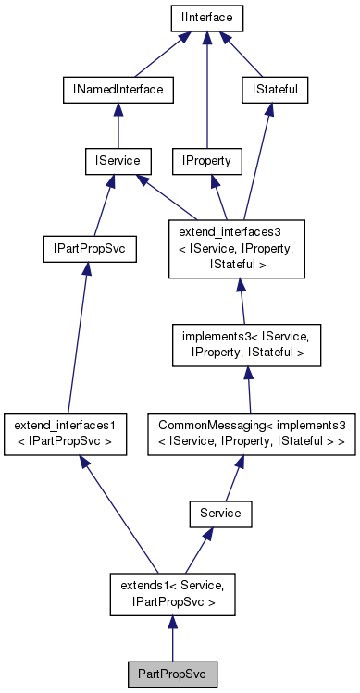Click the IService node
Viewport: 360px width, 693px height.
111,161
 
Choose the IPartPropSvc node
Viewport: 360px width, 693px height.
90,249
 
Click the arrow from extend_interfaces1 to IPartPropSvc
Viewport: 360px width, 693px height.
77,342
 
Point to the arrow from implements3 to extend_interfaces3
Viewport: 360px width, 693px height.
245,301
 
